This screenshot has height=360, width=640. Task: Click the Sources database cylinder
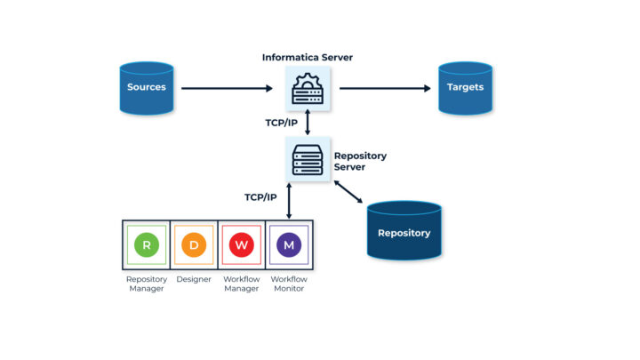[147, 88]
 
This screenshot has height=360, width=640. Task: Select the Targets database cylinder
[465, 88]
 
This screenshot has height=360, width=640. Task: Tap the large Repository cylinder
[404, 232]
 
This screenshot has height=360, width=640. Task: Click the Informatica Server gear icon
[308, 89]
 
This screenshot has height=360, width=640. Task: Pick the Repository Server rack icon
[308, 159]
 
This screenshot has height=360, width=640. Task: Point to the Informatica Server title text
[307, 58]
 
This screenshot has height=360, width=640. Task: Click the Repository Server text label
[360, 162]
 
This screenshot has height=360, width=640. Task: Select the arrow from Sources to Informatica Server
[227, 88]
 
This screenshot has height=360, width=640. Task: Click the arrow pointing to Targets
[385, 88]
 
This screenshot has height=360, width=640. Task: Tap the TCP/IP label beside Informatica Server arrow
[279, 122]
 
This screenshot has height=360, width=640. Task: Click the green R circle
[146, 244]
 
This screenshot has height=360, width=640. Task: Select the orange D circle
[194, 244]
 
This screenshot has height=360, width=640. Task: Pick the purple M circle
[289, 244]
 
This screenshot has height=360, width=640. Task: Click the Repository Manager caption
[146, 284]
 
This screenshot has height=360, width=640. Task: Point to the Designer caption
[194, 279]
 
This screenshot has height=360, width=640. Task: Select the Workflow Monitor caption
[289, 284]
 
